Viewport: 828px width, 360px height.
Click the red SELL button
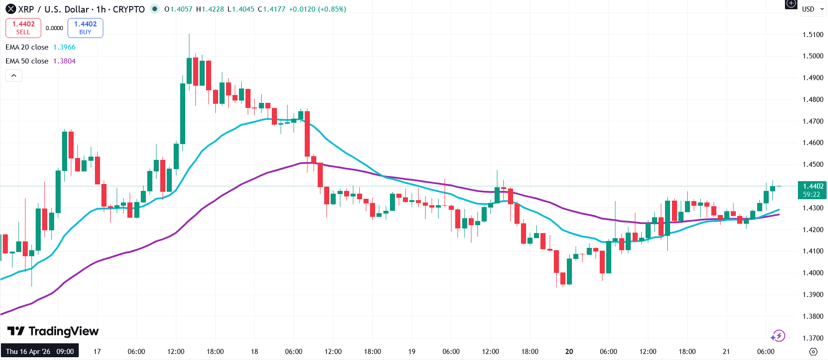pyautogui.click(x=23, y=28)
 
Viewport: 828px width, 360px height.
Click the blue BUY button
pyautogui.click(x=85, y=28)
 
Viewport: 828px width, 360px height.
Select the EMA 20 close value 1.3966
pyautogui.click(x=64, y=47)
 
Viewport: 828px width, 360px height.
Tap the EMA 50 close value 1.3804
pyautogui.click(x=64, y=61)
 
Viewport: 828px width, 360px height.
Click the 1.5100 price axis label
pyautogui.click(x=813, y=35)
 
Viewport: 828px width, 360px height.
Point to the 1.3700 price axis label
pyautogui.click(x=813, y=338)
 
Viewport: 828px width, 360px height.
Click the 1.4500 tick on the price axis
pyautogui.click(x=813, y=164)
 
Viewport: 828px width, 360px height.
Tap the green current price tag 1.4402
pyautogui.click(x=812, y=190)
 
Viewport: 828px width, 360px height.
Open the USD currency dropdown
pyautogui.click(x=813, y=9)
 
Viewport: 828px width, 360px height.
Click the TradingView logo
pyautogui.click(x=53, y=331)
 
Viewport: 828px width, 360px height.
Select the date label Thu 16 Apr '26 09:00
pyautogui.click(x=40, y=352)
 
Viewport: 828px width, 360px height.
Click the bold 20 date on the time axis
pyautogui.click(x=569, y=352)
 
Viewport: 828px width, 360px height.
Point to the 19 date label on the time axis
pyautogui.click(x=412, y=352)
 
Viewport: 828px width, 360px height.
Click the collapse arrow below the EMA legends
pyautogui.click(x=14, y=76)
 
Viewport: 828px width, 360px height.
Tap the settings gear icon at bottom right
pyautogui.click(x=813, y=352)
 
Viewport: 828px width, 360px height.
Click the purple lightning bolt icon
pyautogui.click(x=778, y=336)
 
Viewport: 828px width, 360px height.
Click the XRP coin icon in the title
pyautogui.click(x=11, y=9)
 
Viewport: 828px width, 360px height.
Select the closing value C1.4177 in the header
pyautogui.click(x=271, y=9)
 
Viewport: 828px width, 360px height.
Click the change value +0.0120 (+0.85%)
pyautogui.click(x=317, y=9)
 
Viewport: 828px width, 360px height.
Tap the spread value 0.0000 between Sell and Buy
pyautogui.click(x=54, y=28)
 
